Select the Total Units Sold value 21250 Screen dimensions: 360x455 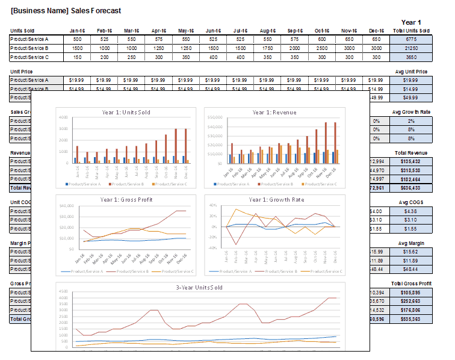coord(411,48)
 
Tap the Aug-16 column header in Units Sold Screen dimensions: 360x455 coord(268,31)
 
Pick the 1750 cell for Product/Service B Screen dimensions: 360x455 coord(268,48)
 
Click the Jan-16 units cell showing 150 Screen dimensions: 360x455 coord(77,57)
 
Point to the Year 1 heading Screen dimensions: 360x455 coord(411,22)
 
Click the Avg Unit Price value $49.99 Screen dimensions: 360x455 coord(411,98)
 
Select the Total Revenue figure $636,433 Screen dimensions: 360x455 coord(411,188)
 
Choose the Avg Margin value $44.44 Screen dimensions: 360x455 coord(411,269)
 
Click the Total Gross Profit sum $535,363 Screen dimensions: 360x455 coord(411,319)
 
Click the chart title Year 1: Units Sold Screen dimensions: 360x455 coord(126,112)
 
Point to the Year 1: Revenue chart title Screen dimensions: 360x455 coord(274,112)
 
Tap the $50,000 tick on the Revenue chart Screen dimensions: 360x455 coord(215,126)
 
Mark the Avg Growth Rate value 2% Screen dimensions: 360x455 coord(411,121)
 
